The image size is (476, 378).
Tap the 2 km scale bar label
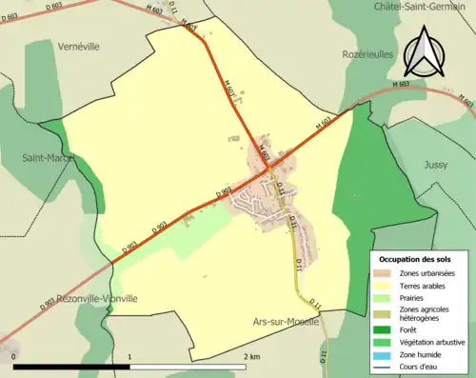[x=250, y=355]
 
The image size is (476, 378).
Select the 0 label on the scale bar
[x=15, y=355]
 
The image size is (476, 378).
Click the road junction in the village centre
[x=269, y=169]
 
